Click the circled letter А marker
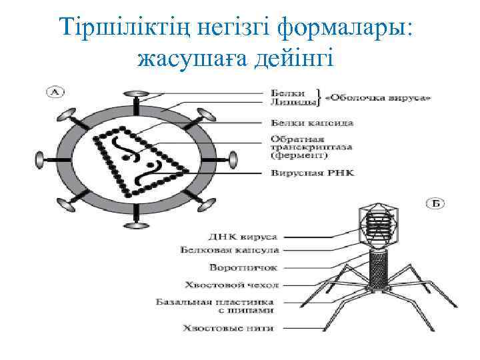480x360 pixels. pos(51,91)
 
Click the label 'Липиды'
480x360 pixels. pos(291,102)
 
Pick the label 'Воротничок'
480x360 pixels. pos(243,267)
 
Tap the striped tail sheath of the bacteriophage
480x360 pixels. pos(379,267)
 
